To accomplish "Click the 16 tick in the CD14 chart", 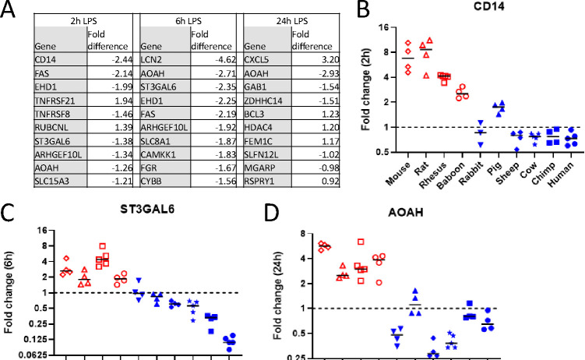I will pos(382,27).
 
